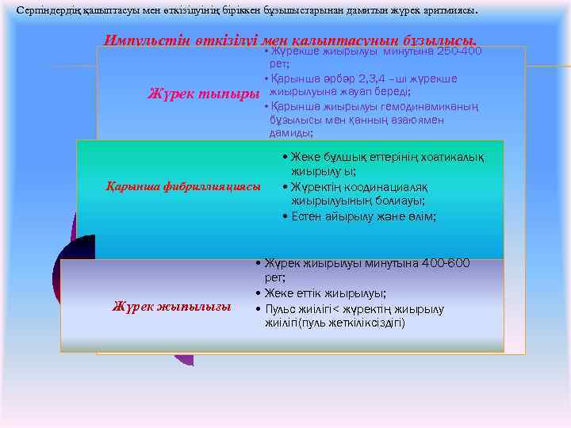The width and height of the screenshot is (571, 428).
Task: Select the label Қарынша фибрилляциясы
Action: coord(183,186)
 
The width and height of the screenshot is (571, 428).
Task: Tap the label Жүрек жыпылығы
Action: coord(171,307)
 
